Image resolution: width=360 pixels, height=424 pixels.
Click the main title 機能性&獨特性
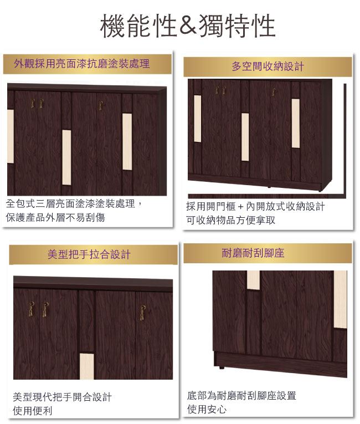[x=188, y=26]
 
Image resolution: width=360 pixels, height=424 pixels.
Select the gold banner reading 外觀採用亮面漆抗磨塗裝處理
[x=88, y=64]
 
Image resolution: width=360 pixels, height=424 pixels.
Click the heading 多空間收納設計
[x=268, y=67]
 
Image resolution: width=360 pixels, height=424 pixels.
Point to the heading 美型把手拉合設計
[x=89, y=254]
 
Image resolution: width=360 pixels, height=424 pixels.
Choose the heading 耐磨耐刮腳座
[x=253, y=253]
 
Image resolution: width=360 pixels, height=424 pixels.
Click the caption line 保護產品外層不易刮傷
[x=55, y=217]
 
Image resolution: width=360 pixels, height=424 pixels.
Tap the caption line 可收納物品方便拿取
[x=230, y=220]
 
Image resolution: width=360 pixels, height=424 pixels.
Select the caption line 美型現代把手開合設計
[x=62, y=397]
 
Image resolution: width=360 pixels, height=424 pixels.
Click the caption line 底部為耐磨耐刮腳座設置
[x=241, y=395]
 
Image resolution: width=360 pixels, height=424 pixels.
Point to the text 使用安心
[x=207, y=409]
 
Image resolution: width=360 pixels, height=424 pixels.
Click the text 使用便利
[x=33, y=411]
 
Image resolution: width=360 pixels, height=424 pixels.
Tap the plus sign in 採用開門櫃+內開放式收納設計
[x=241, y=207]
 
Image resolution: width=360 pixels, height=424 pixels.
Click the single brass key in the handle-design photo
[x=143, y=313]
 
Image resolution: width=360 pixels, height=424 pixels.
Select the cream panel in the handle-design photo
[x=87, y=366]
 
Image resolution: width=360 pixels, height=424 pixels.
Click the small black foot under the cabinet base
[x=222, y=367]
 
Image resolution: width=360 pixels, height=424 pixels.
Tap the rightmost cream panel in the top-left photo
[x=127, y=142]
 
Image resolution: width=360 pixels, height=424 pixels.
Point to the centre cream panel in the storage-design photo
[x=245, y=137]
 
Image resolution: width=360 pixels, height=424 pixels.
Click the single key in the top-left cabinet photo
[x=101, y=105]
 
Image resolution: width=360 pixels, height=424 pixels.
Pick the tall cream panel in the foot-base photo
[x=340, y=299]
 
